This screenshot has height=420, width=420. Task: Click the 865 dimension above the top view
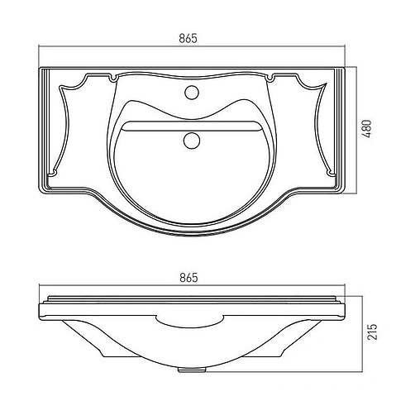[x=189, y=38]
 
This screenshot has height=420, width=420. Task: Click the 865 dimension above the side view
[x=189, y=278]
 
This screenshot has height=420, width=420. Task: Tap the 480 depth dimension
[x=367, y=129]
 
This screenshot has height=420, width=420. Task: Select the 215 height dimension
[x=372, y=332]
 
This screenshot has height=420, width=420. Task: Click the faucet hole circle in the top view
[x=192, y=92]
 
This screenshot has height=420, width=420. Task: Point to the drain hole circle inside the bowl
[x=192, y=140]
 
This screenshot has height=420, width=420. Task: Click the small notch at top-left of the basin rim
[x=112, y=78]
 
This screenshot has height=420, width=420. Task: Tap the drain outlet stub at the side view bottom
[x=192, y=370]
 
